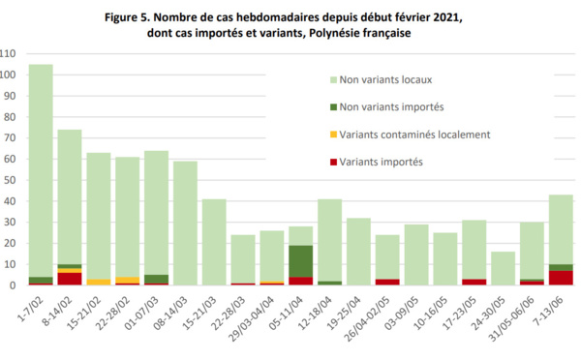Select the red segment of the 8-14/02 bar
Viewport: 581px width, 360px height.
tap(70, 279)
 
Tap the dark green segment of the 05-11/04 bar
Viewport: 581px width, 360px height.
tap(302, 260)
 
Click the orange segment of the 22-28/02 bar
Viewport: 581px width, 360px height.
tap(128, 280)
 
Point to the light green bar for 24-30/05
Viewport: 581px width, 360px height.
tap(504, 268)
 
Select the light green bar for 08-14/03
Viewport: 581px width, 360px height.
tap(186, 223)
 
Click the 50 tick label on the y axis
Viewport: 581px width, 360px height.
tap(12, 180)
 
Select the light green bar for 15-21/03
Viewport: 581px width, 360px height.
tap(215, 242)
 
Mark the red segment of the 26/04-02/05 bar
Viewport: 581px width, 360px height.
tap(388, 282)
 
